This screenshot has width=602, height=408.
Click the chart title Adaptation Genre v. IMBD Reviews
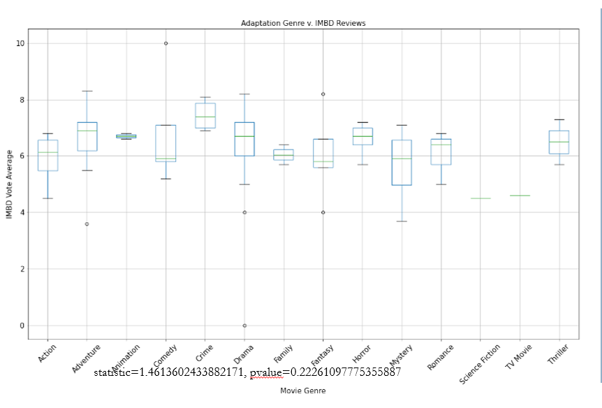coord(303,23)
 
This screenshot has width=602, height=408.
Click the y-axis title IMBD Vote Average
coord(10,184)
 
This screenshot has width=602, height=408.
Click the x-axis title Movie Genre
coord(302,391)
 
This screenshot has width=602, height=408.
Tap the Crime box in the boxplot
coord(205,115)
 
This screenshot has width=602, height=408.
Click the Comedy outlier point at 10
coord(166,43)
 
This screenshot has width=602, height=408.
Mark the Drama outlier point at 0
coord(244,326)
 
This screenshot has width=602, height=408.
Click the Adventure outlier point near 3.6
coord(87,224)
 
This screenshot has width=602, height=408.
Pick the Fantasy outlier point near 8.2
coord(323,94)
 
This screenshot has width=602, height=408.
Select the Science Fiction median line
coord(480,198)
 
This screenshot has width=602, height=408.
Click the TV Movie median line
coord(520,196)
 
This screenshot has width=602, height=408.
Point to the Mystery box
coord(402,162)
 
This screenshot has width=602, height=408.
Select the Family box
coord(284,154)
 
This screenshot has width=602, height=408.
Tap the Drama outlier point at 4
coord(244,212)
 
